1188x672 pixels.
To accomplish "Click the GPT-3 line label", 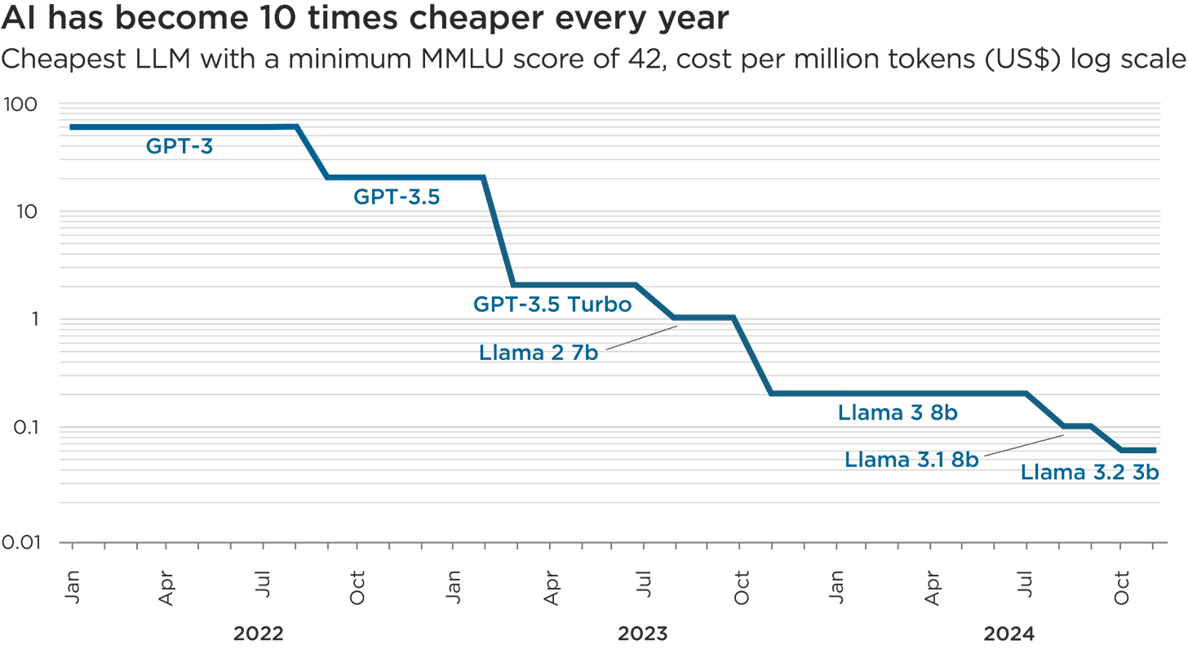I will coord(180,147).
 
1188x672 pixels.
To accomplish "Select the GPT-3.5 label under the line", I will coord(397,197).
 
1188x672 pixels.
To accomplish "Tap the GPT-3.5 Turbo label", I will coord(552,305).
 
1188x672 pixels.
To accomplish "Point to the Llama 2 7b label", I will coord(538,353).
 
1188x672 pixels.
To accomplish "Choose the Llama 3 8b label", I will coord(897,413).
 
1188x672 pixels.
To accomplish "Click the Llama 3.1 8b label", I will coord(911,460).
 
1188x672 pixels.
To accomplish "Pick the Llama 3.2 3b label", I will coord(1090,473).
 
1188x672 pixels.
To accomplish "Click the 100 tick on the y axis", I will coord(24,105).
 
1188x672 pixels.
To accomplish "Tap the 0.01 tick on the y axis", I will coord(24,541).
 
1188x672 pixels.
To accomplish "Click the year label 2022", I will coord(259,634).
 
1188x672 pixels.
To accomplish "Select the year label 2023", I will coord(643,634).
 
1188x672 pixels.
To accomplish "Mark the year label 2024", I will coord(1009,634).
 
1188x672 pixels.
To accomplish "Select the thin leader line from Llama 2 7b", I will coord(639,336).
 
